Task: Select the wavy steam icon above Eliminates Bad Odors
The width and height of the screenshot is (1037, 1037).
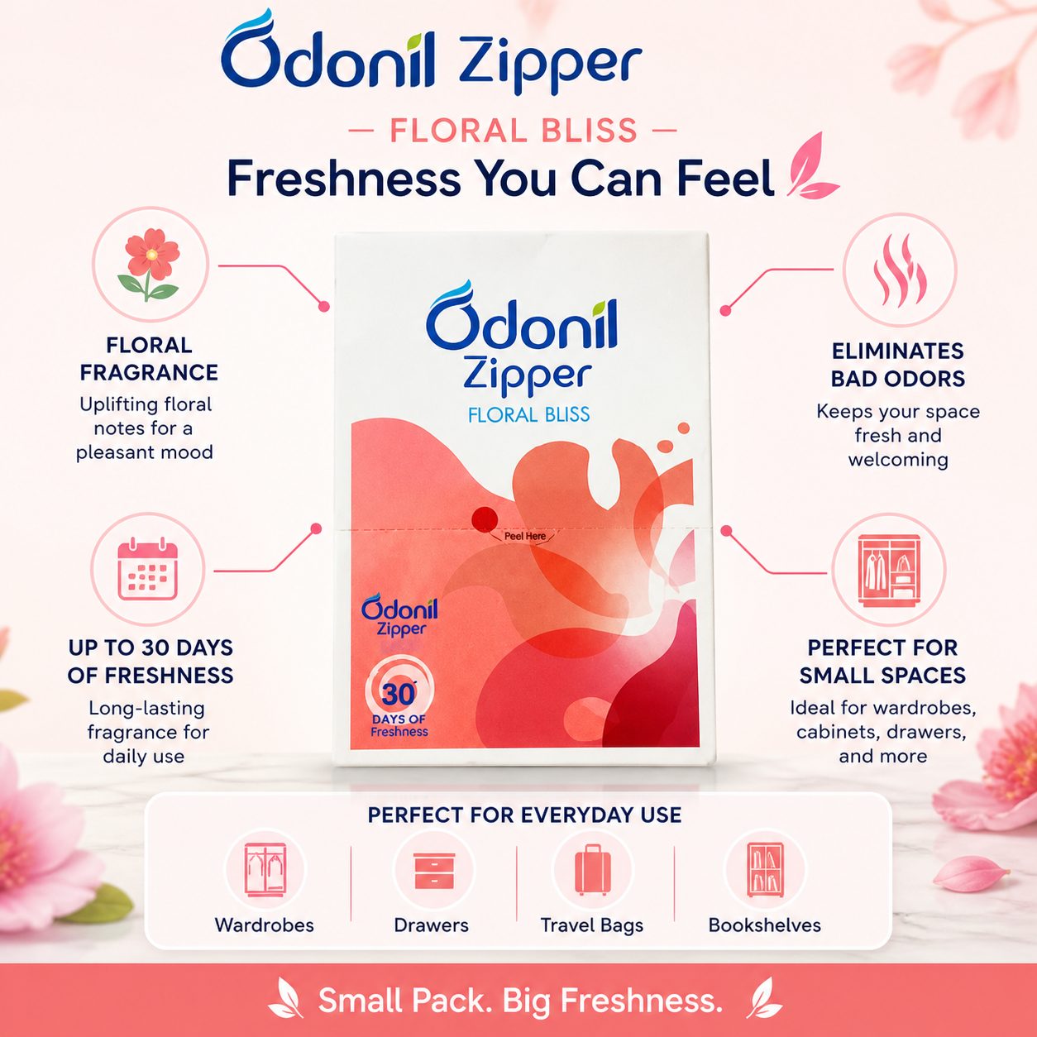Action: pos(900,270)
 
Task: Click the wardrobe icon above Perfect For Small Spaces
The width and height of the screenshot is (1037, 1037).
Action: pos(889,570)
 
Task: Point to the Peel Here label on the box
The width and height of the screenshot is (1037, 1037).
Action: pos(524,537)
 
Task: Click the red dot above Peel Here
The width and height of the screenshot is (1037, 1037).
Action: pos(485,519)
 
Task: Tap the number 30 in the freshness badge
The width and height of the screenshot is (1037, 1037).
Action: pos(399,694)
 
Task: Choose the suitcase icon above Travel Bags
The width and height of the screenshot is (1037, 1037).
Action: pos(592,869)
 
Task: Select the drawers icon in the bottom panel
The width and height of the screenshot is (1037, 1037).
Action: pos(434,870)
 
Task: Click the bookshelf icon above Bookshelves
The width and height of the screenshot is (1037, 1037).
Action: pos(765,869)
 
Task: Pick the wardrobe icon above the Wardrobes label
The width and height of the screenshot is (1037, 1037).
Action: pos(265,870)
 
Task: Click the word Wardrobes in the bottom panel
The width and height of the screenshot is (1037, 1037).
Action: pos(265,925)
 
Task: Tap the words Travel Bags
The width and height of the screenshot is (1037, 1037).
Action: pos(592,925)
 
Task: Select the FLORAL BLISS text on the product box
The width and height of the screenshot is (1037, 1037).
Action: pos(529,415)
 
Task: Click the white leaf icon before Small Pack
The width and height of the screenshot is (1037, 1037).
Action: pos(286,997)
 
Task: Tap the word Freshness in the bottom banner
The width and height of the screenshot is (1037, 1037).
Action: pos(642,1001)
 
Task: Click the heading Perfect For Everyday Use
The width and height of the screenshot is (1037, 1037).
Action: pos(524,815)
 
